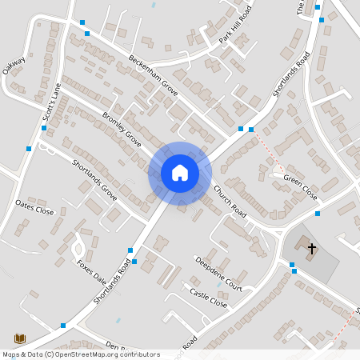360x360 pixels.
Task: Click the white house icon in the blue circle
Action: [x=180, y=173]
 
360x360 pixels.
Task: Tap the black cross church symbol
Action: [x=312, y=249]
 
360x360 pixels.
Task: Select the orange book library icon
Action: [x=18, y=338]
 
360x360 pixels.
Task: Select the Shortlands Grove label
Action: [x=94, y=179]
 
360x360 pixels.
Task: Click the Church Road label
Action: [x=229, y=202]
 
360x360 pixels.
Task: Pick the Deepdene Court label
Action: [x=218, y=273]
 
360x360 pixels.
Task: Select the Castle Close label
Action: [x=208, y=299]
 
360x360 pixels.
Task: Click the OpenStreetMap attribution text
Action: [x=81, y=354]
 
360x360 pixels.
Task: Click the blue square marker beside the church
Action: [x=293, y=265]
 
